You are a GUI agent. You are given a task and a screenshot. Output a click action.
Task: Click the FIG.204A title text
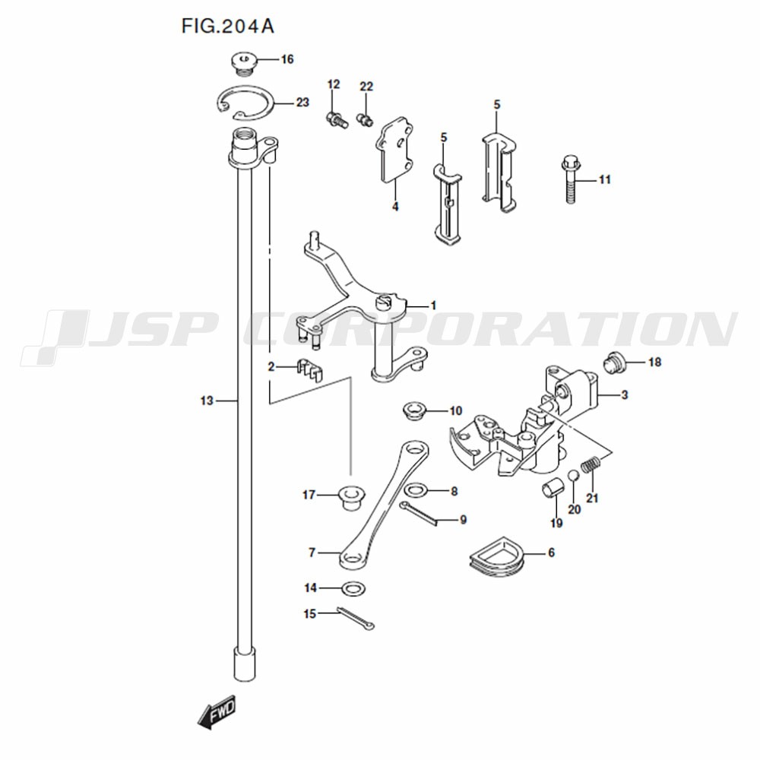(228, 26)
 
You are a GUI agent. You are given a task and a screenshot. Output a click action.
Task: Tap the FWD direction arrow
(217, 712)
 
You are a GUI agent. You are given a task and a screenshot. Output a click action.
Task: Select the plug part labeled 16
(242, 64)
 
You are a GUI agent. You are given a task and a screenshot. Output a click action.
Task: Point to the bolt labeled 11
(570, 179)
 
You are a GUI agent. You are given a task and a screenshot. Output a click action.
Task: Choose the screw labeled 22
(365, 119)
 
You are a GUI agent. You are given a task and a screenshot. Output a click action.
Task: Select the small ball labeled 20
(573, 476)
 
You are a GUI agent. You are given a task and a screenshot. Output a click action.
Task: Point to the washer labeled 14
(353, 589)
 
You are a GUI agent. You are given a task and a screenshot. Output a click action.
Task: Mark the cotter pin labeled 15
(355, 617)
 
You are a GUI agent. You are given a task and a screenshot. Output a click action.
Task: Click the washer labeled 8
(415, 491)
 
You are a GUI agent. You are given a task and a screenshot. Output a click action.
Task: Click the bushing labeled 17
(351, 497)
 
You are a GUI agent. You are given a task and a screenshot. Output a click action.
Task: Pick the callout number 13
(207, 401)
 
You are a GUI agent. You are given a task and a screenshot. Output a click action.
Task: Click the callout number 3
(624, 395)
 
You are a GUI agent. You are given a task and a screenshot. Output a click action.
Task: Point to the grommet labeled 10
(414, 410)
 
